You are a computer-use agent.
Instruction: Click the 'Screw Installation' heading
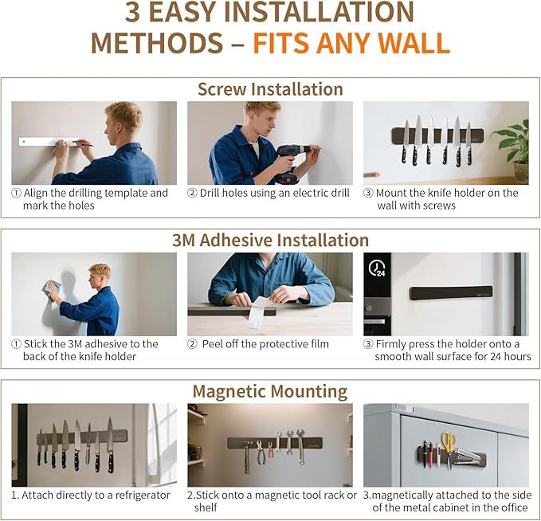pos(270,89)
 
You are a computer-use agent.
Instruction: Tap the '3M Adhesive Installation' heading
pos(271,240)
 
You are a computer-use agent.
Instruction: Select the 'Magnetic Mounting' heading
pos(270,392)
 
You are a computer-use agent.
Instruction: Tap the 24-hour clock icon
pos(376,268)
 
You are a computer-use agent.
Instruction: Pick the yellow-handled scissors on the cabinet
pos(449,448)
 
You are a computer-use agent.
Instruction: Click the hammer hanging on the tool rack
pos(246,456)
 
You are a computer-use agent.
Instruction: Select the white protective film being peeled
pos(258,311)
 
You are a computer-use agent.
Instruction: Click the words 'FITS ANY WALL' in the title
pos(351,43)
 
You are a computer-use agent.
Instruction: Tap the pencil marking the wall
pos(83,143)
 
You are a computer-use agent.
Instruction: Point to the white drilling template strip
pos(49,142)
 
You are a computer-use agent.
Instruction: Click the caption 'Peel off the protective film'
pos(265,344)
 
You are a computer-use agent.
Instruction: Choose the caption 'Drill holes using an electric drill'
pos(275,193)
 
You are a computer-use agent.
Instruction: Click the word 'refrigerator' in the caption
pos(143,496)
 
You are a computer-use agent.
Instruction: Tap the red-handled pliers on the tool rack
pos(270,449)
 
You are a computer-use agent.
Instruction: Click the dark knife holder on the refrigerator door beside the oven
pos(451,292)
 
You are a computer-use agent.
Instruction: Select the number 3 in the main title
pos(132,13)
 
